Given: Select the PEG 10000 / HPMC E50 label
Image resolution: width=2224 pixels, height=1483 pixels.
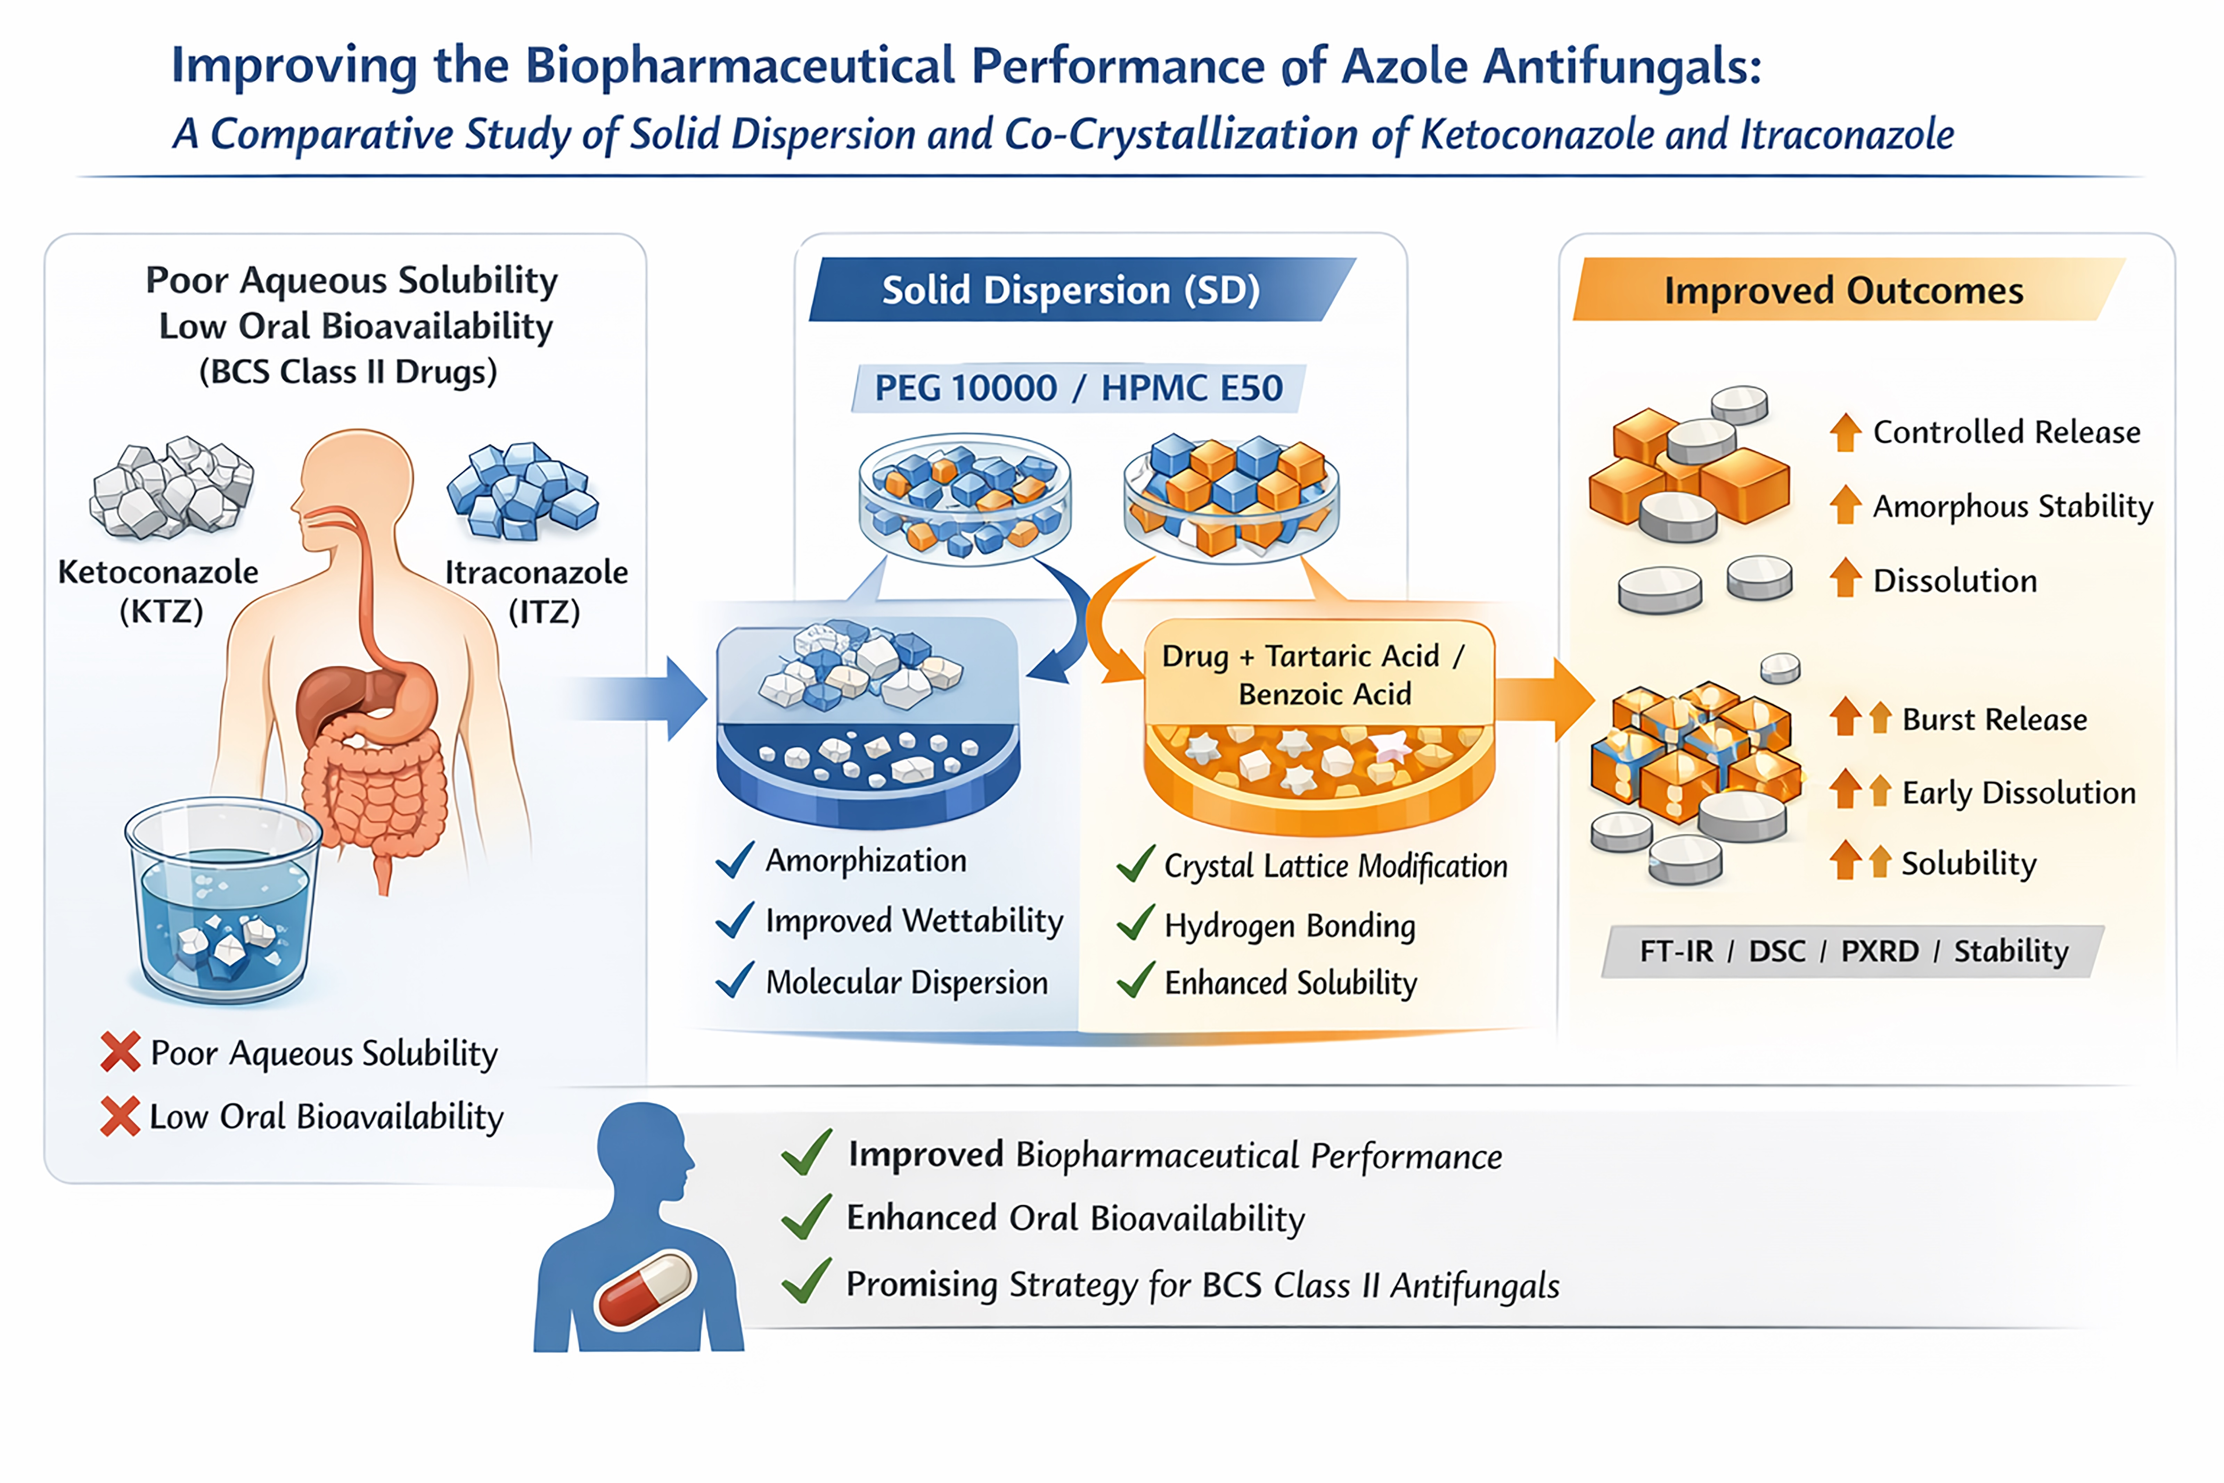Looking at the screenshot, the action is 1078,388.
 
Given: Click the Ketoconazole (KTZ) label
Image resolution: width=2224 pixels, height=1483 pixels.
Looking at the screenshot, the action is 159,591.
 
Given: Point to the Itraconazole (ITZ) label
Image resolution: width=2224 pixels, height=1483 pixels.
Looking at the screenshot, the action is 537,591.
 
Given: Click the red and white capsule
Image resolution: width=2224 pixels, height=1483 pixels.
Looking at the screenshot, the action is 646,1288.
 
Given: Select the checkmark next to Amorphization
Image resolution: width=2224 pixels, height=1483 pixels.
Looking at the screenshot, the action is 735,860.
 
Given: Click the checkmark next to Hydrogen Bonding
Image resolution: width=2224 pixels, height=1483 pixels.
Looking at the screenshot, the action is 1136,923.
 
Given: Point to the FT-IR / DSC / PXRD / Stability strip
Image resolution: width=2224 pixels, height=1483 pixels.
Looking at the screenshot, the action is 1853,951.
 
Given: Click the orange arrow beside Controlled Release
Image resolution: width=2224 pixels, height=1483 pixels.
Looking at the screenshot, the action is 1845,432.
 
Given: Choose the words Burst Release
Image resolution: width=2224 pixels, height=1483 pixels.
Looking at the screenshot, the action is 1994,720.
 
